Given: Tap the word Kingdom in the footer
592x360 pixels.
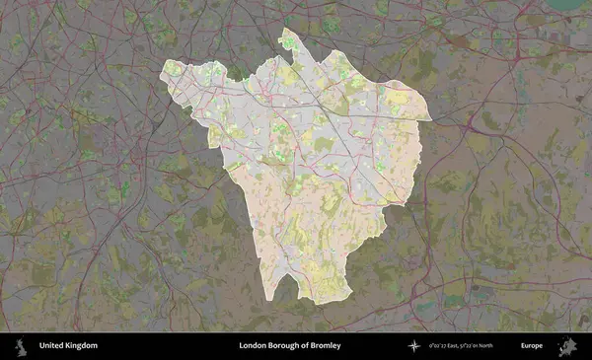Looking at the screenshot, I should [82, 346].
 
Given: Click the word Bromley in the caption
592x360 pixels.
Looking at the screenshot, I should [327, 346].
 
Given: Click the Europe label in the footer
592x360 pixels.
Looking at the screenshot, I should [532, 346].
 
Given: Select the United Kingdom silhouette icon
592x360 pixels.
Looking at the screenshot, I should [19, 346].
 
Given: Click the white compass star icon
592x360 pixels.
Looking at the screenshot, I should [412, 346].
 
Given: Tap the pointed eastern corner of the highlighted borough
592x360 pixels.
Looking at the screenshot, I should [431, 119].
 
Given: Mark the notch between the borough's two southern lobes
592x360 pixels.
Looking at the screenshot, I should [296, 279].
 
